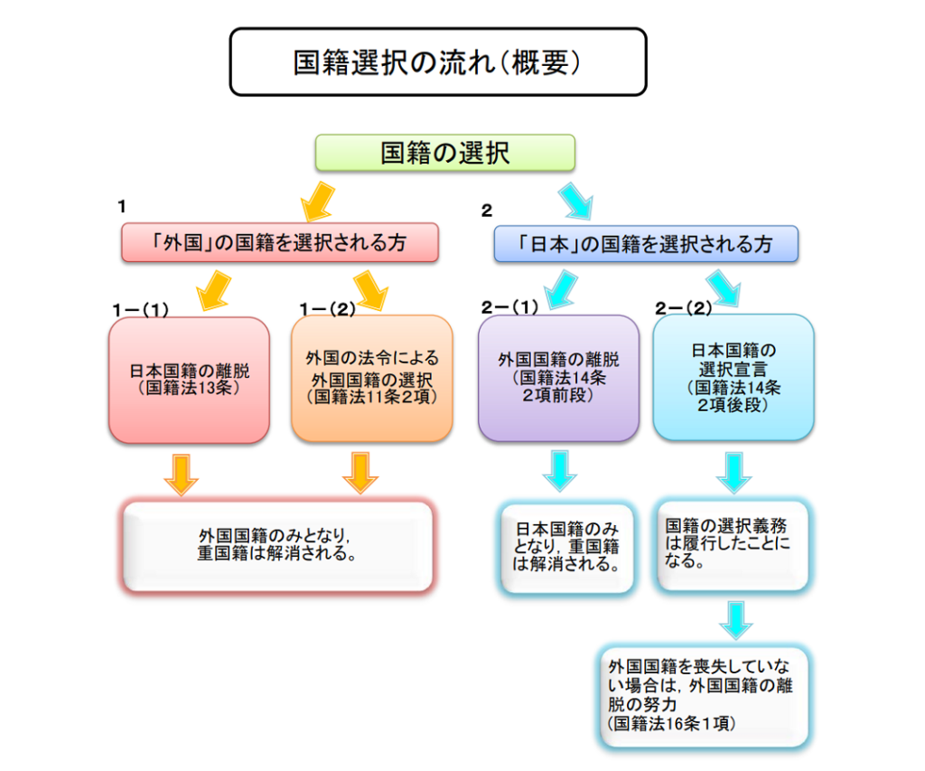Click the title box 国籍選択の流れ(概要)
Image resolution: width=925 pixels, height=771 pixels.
[x=437, y=61]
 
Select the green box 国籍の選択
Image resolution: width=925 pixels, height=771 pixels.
[x=444, y=153]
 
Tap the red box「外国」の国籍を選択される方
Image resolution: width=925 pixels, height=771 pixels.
[x=280, y=243]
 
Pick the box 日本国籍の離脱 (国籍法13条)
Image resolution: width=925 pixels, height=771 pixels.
[x=189, y=380]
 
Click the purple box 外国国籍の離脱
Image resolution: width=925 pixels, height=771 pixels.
[x=558, y=378]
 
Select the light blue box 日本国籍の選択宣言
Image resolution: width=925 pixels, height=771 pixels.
[x=733, y=377]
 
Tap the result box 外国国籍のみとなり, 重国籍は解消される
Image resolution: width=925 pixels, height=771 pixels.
[x=277, y=545]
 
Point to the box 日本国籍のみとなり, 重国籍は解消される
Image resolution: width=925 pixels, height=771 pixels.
[x=567, y=549]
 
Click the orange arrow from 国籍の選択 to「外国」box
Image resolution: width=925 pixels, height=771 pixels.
[x=316, y=202]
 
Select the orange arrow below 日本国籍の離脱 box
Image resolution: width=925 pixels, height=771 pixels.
[x=182, y=473]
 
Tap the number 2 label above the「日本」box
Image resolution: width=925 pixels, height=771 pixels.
[x=487, y=211]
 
